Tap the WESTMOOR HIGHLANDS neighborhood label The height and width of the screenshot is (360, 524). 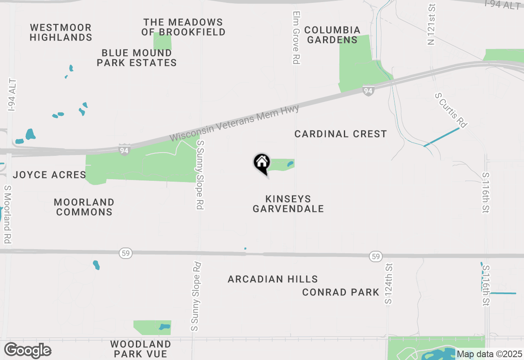61,32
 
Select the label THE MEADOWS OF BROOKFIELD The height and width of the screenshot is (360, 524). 183,27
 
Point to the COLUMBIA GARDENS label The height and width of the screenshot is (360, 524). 332,35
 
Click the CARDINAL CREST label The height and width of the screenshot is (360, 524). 341,134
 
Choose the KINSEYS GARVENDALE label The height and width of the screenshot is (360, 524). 288,204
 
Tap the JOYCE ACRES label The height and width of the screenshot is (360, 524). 50,175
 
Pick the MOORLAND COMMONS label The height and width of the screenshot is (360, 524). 84,207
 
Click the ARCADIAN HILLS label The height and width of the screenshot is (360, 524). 273,279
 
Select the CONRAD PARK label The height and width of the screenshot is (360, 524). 341,292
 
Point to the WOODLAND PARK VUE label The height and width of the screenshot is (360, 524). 141,349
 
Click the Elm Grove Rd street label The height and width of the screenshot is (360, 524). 296,37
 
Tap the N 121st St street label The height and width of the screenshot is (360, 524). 431,25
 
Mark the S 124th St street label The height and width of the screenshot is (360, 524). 388,283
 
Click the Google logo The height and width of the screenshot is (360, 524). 27,351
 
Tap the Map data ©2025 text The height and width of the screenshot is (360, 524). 489,354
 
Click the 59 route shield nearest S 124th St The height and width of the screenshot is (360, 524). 376,256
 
